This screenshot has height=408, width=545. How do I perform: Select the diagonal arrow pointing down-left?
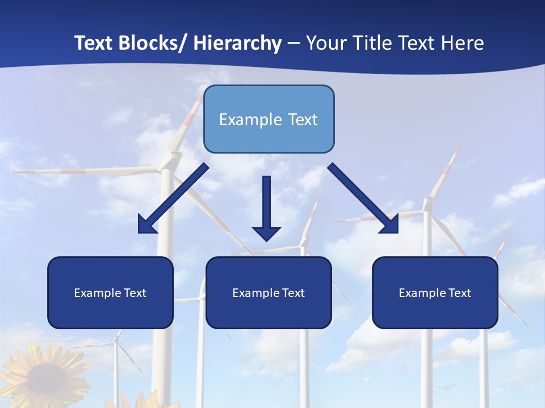(173, 198)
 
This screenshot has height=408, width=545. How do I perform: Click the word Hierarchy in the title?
(237, 43)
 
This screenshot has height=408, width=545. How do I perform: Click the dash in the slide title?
(294, 44)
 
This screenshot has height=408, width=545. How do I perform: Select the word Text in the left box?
(135, 293)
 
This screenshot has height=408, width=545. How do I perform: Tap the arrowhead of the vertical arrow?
(266, 233)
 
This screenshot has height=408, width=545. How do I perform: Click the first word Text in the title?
(94, 43)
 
